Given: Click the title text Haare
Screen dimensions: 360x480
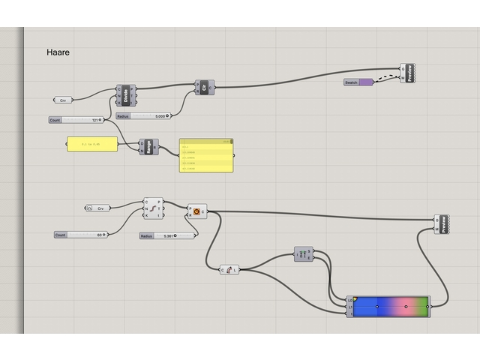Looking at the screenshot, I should click(58, 52).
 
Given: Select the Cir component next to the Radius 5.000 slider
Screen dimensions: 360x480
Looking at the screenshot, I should click(204, 88).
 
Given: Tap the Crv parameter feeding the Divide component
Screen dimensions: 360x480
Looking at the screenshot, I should click(63, 100).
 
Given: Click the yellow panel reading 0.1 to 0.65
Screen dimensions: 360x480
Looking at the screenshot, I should click(92, 144).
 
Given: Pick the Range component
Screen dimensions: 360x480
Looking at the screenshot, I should click(148, 147).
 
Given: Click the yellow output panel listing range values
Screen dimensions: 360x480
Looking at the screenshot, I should click(205, 156).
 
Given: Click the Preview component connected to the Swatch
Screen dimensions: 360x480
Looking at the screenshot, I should click(408, 73).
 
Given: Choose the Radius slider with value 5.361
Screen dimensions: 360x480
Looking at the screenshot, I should click(168, 235).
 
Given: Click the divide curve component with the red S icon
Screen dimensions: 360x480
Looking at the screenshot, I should click(153, 208).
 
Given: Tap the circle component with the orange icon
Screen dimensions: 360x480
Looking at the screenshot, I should click(196, 212).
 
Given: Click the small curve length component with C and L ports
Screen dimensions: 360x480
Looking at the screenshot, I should click(229, 270).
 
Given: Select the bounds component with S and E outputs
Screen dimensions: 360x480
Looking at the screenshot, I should click(303, 255).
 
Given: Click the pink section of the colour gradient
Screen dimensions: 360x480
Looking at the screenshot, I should click(404, 306).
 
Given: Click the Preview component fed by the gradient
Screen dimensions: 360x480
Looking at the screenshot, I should click(443, 223).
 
